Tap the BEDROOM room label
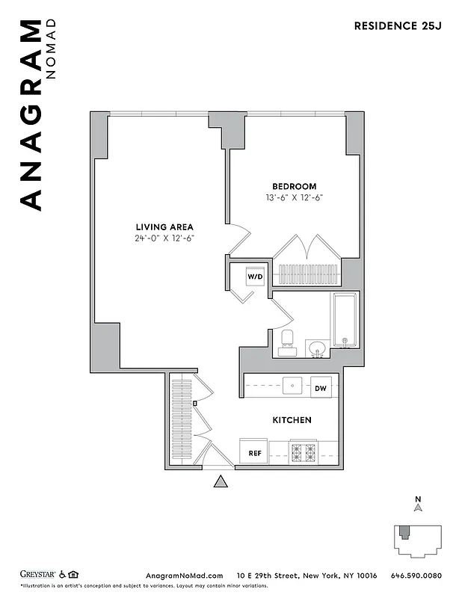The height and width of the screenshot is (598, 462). coord(294,186)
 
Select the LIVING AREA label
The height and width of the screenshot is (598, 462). coord(164,226)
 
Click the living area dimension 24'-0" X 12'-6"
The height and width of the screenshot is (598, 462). coord(164,238)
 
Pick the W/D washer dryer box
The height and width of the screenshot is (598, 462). coord(255,277)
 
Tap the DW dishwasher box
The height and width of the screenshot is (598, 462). coord(321,388)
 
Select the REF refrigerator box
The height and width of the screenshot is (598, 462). coord(253,452)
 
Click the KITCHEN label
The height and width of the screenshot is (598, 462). coord(292,420)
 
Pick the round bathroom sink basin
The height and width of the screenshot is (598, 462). coord(317,348)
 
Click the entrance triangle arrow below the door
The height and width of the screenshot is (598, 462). coord(221,482)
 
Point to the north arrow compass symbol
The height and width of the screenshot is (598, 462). coord(419,506)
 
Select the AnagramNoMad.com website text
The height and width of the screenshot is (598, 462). coord(184,575)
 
